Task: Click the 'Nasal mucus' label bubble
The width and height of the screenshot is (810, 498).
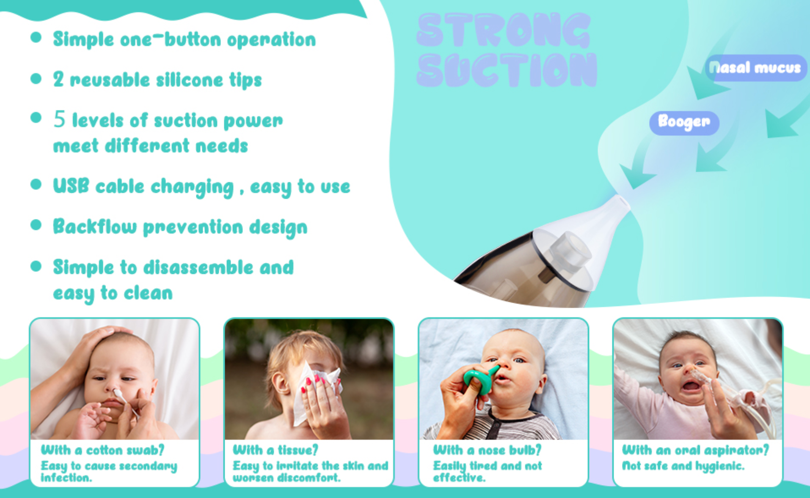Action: (x=756, y=68)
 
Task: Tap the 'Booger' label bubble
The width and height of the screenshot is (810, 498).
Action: (x=684, y=123)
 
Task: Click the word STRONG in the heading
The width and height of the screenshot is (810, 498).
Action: (x=504, y=30)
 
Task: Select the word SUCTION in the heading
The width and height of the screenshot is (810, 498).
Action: (x=507, y=69)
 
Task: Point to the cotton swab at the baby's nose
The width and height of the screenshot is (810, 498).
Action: (x=125, y=402)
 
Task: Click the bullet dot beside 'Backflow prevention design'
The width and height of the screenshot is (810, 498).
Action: (x=36, y=225)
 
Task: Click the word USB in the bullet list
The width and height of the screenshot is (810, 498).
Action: (x=71, y=186)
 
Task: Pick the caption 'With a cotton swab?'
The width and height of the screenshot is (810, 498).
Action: (x=102, y=450)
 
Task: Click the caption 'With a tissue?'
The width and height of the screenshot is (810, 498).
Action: (x=276, y=450)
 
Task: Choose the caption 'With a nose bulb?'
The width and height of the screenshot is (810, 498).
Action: (x=487, y=450)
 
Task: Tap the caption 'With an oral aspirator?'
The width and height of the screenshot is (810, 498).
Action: (x=695, y=450)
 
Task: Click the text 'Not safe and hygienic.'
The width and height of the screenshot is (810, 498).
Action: (x=683, y=466)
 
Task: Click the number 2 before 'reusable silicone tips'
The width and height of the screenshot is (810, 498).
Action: (x=58, y=79)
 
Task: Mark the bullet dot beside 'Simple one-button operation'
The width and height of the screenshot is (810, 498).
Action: (x=36, y=37)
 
